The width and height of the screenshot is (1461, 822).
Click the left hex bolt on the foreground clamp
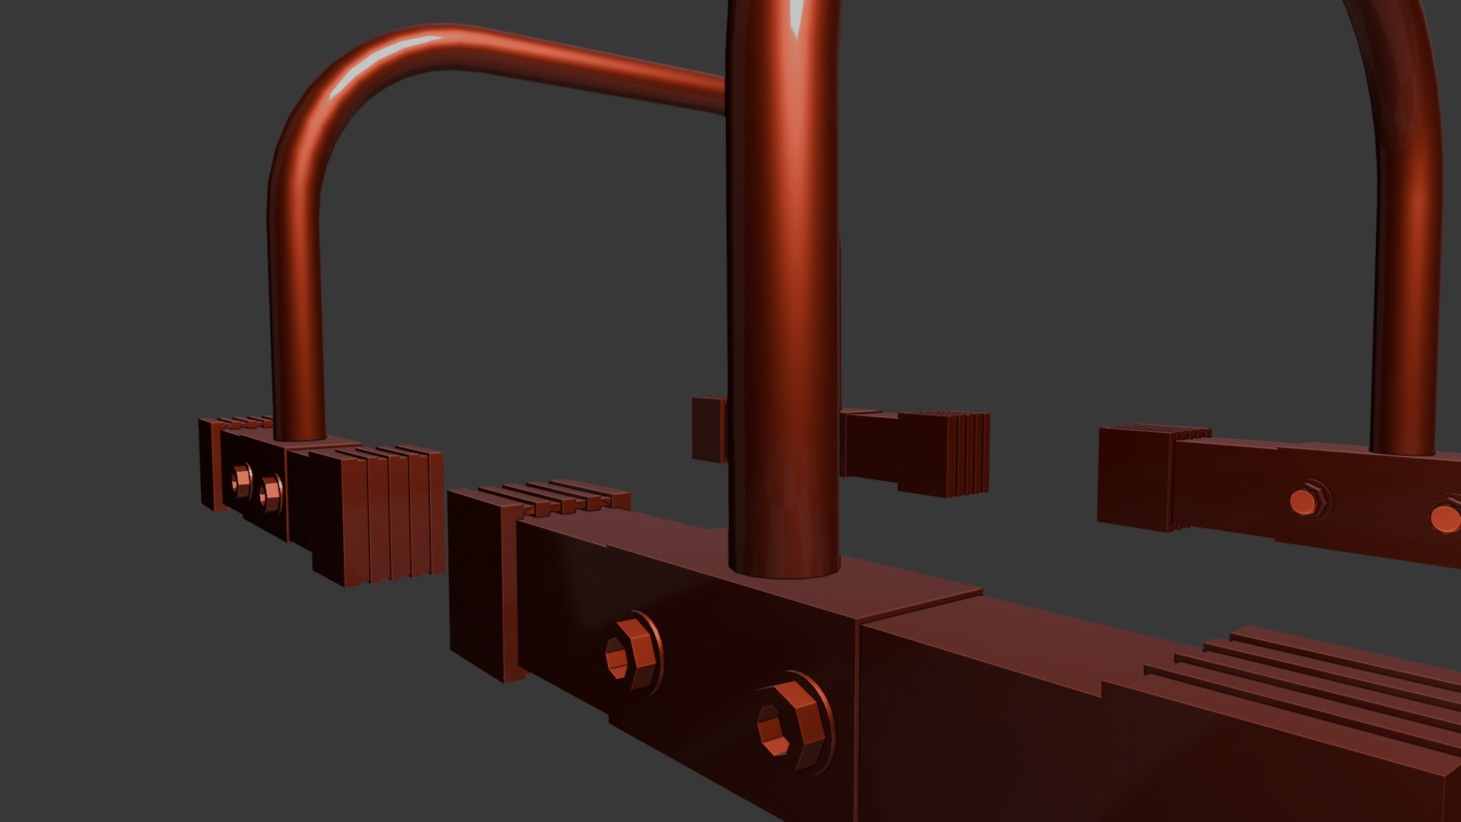point(632,655)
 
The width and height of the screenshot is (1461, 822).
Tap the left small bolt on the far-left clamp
point(243,479)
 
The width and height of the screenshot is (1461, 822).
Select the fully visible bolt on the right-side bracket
point(1307,500)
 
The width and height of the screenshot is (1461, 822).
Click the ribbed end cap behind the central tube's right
point(944,453)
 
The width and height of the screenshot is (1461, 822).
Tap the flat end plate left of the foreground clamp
point(476,582)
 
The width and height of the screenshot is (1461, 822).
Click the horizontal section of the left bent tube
point(578,61)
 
